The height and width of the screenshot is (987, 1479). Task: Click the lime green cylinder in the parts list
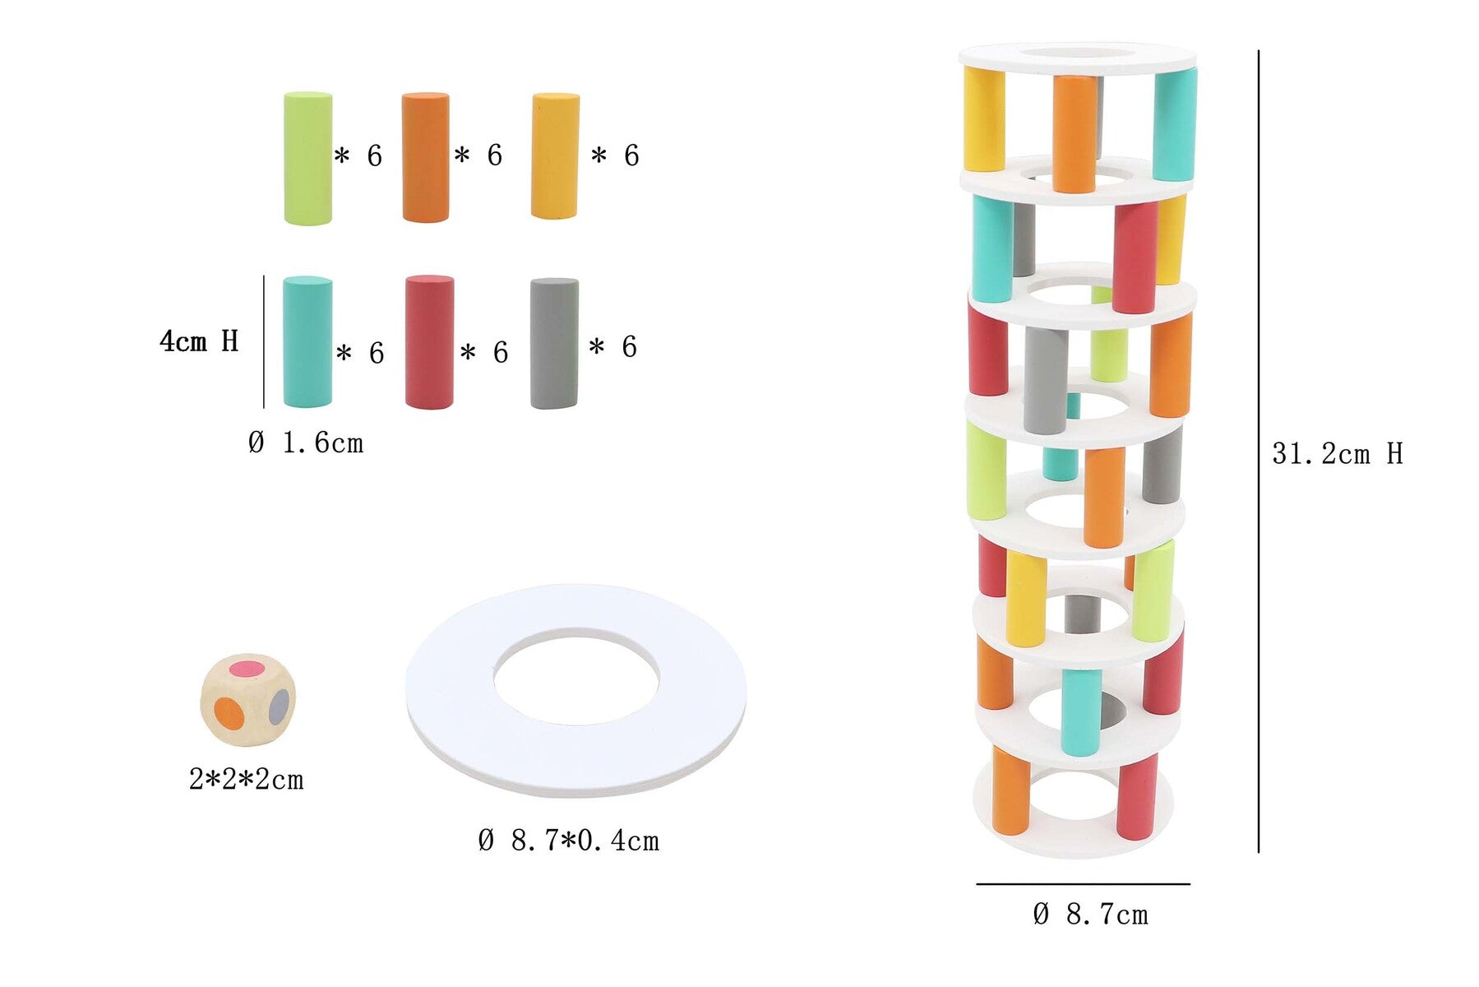[x=307, y=158]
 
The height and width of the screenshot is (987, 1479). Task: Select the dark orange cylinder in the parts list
[x=425, y=157]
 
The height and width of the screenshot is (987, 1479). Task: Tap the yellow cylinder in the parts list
[x=555, y=155]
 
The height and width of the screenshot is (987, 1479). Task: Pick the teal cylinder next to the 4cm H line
[x=307, y=341]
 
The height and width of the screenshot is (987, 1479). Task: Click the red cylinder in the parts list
[x=429, y=342]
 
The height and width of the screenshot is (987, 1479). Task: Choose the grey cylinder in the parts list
[x=554, y=343]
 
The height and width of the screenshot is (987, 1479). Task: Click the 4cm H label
[x=199, y=341]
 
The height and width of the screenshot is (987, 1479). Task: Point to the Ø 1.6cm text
[x=306, y=443]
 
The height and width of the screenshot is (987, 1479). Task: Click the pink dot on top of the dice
[x=246, y=668]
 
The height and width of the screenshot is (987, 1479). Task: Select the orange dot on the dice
[x=229, y=713]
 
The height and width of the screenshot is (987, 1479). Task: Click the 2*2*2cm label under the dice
[x=246, y=779]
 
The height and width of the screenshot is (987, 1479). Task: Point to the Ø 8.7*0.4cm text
[x=569, y=841]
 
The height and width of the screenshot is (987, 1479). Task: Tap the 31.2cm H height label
[x=1337, y=453]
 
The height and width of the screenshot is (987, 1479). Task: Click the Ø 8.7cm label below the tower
[x=1090, y=914]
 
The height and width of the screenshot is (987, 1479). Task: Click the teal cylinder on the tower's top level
[x=1174, y=125]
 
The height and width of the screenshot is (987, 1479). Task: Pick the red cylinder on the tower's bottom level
[x=1137, y=798]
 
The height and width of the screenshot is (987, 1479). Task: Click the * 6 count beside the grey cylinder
[x=613, y=347]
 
